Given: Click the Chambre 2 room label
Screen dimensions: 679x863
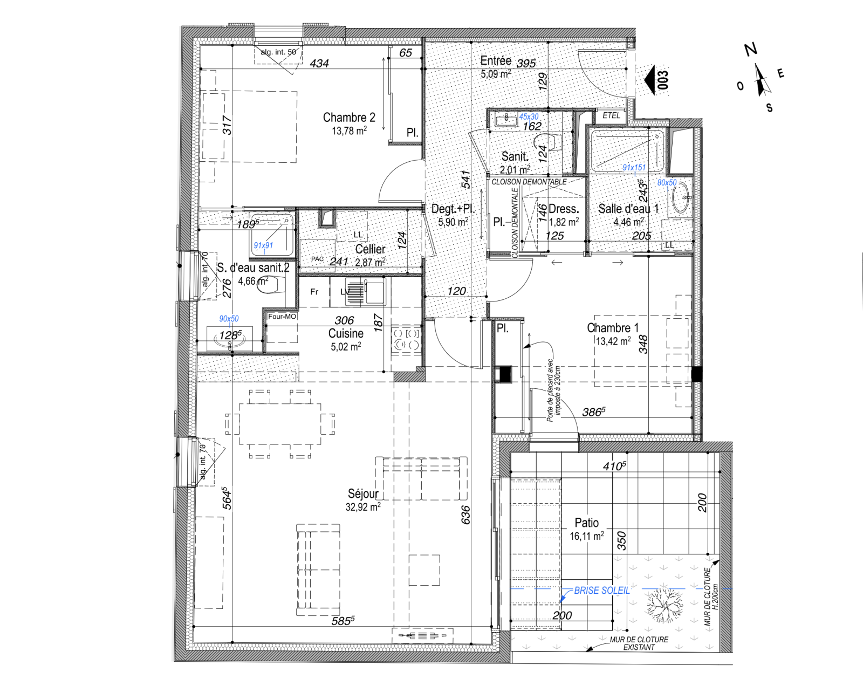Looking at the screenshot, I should (x=349, y=118).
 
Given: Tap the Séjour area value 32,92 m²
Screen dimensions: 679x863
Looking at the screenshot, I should (x=363, y=507).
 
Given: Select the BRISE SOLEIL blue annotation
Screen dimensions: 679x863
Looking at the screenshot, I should (x=601, y=591).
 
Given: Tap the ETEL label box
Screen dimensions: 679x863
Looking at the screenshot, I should (x=611, y=115).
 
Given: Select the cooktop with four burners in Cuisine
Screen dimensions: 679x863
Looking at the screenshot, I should (x=406, y=340).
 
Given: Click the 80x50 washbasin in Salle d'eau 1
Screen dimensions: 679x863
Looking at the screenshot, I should (x=682, y=198).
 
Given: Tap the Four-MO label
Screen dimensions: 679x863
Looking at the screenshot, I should (x=282, y=317).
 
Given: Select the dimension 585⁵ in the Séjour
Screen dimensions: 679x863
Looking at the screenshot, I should (x=343, y=621).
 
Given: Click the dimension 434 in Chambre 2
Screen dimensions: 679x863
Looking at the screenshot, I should (x=319, y=63).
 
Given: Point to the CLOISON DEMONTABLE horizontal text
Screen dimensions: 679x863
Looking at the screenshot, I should (x=529, y=182).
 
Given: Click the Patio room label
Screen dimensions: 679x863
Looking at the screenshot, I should (x=586, y=523).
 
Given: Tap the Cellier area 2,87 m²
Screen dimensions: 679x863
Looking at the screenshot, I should (x=370, y=263).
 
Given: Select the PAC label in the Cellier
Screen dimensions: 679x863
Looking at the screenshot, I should (x=318, y=259).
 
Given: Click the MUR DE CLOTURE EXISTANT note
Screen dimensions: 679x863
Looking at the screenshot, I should (x=639, y=643).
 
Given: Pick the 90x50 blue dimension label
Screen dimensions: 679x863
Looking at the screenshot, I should (x=229, y=319).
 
